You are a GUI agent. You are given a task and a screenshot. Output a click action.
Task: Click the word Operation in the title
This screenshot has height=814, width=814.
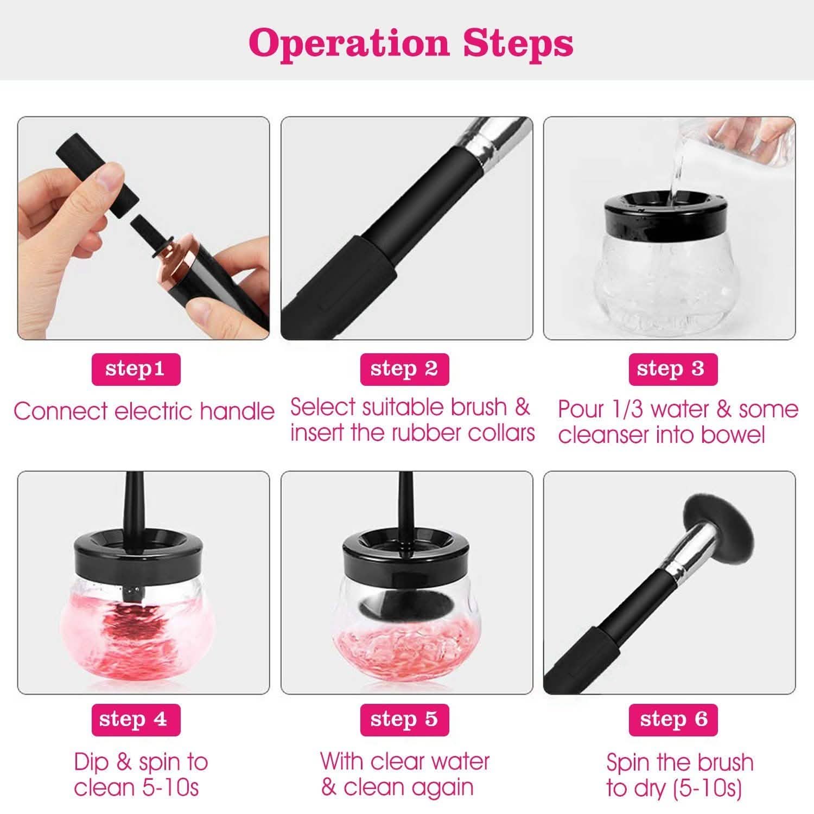pyautogui.click(x=349, y=43)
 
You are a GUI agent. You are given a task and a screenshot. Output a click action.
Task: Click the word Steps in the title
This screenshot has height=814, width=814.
pyautogui.click(x=518, y=43)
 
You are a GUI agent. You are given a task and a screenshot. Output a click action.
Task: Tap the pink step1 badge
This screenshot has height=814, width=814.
pyautogui.click(x=136, y=370)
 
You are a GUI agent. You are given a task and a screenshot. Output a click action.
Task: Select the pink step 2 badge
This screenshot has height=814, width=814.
pyautogui.click(x=404, y=370)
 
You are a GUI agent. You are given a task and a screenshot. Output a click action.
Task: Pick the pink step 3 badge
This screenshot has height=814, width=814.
pyautogui.click(x=673, y=370)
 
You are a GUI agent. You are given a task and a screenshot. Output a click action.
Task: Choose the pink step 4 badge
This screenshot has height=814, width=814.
pyautogui.click(x=136, y=720)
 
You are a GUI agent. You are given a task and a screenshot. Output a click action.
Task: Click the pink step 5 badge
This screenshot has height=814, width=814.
pyautogui.click(x=404, y=720)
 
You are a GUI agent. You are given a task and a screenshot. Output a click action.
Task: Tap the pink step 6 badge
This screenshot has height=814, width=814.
pyautogui.click(x=673, y=720)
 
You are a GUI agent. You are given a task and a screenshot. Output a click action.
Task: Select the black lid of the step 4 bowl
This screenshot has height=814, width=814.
pyautogui.click(x=136, y=554)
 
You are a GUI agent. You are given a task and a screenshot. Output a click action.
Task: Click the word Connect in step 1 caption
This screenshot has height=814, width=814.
pyautogui.click(x=61, y=411)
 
